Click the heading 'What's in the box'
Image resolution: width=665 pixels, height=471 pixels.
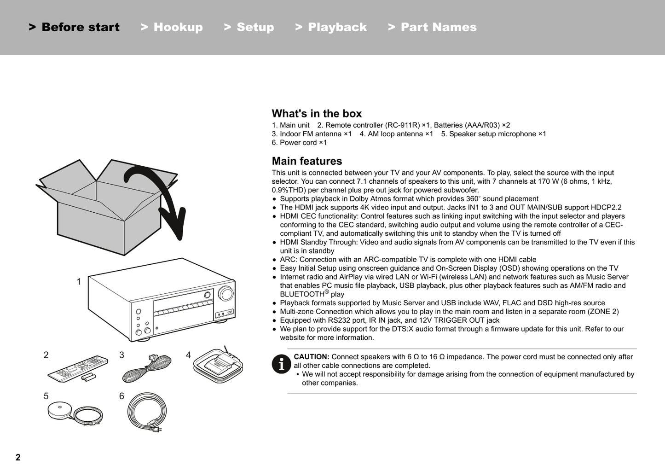point(317,114)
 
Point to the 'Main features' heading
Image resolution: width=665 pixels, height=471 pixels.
point(307,161)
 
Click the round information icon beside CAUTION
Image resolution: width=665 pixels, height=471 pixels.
point(281,364)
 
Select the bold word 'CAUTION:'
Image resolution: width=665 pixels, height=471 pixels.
point(312,357)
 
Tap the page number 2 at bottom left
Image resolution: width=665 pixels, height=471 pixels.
point(18,457)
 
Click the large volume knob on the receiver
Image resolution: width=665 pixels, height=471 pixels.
point(226,293)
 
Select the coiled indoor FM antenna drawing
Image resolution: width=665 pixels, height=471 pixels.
point(146,368)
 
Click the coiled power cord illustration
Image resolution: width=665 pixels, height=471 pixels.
point(146,412)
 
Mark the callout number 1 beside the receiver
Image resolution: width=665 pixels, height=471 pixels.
point(79,282)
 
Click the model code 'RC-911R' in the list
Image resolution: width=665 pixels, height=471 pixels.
point(402,125)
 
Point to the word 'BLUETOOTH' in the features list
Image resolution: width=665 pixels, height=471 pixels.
point(302,294)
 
